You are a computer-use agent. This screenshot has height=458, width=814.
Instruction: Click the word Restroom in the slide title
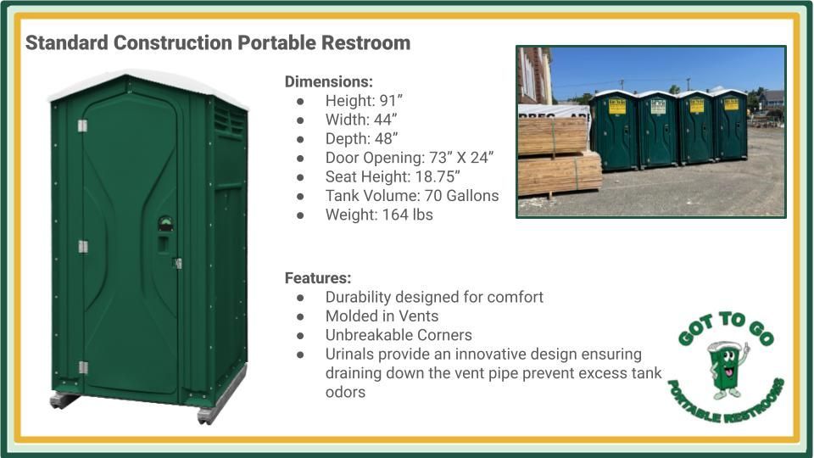369,42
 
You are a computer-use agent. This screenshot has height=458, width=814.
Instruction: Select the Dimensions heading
328,81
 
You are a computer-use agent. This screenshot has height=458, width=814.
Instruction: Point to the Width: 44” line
361,120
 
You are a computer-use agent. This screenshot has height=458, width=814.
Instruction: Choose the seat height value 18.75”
441,176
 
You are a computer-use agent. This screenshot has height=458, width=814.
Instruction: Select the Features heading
317,277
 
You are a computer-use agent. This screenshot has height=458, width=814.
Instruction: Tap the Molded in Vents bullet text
382,316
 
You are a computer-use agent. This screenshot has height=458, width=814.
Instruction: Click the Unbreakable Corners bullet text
399,335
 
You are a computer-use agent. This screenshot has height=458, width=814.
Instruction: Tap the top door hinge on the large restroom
82,126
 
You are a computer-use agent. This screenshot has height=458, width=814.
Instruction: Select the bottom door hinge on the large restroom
82,367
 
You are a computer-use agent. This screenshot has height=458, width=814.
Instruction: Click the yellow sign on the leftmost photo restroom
616,108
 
